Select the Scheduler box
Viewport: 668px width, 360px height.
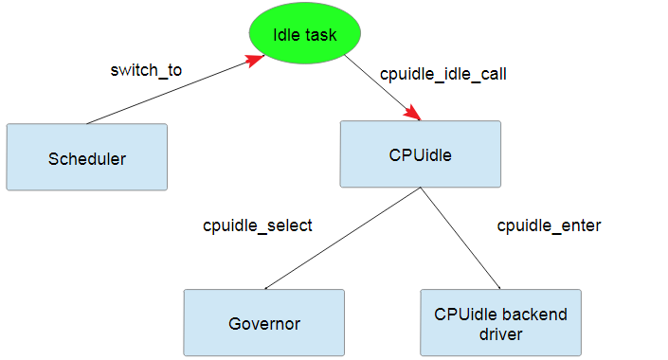click(86, 157)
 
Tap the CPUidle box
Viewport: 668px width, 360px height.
click(421, 153)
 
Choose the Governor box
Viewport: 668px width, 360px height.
click(263, 322)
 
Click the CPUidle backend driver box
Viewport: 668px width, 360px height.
click(500, 322)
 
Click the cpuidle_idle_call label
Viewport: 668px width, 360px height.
click(436, 73)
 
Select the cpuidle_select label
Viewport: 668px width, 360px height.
click(257, 225)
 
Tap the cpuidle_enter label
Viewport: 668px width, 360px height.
click(549, 225)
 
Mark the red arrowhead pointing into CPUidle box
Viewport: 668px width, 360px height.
click(412, 113)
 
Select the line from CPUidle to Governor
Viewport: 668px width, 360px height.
click(341, 239)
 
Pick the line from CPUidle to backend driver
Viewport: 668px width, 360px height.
click(461, 239)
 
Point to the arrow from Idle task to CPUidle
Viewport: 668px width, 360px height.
click(379, 87)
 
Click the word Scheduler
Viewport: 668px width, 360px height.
click(86, 158)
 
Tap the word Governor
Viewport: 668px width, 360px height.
click(264, 323)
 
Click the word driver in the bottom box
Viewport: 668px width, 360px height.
click(500, 333)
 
